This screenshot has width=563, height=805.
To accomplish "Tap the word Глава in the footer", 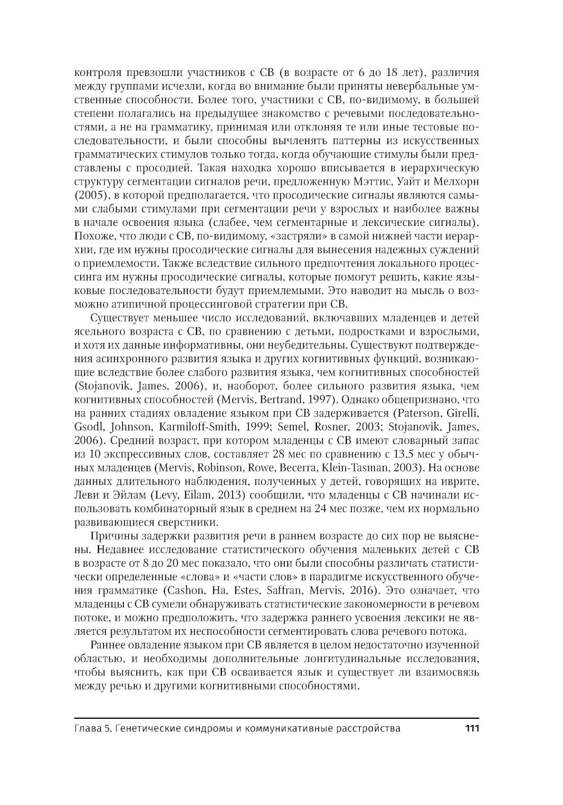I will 87,728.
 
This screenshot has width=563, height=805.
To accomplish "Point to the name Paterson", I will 415,413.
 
